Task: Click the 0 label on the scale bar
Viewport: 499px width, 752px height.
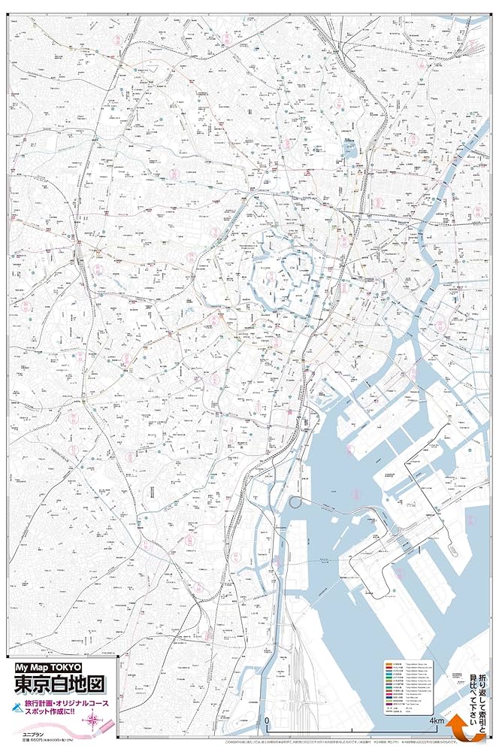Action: coord(268,722)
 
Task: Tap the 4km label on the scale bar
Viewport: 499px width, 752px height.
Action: coord(438,722)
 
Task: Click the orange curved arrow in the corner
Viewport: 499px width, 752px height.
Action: coord(465,731)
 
